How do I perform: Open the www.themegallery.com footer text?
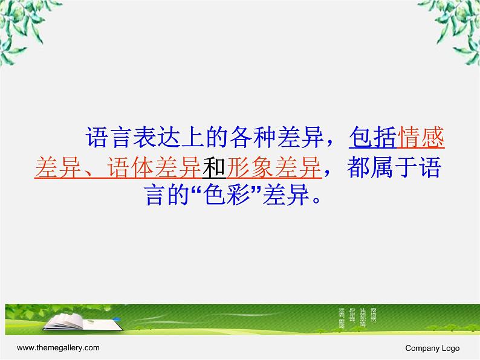(x=58, y=348)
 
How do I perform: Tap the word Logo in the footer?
(x=451, y=348)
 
